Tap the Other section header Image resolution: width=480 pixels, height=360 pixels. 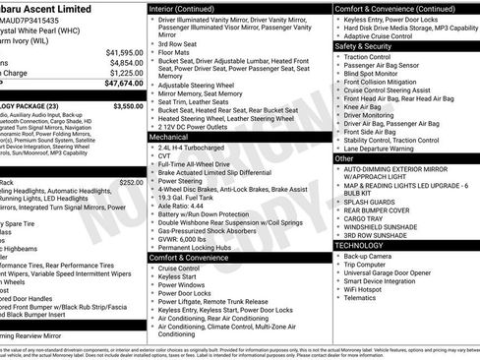[x=344, y=157]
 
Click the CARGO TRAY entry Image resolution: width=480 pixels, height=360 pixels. [x=363, y=216]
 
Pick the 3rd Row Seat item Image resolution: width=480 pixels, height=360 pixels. [x=180, y=44]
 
